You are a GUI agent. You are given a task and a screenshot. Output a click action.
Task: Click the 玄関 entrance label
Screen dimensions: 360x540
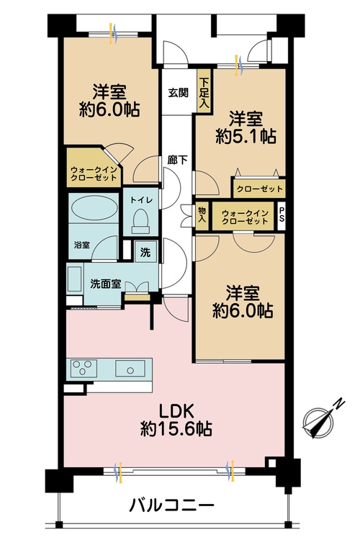pyautogui.click(x=178, y=93)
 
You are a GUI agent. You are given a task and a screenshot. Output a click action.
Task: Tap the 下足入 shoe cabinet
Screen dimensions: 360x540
pyautogui.click(x=204, y=90)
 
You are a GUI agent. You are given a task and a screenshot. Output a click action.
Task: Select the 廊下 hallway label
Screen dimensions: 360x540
pyautogui.click(x=178, y=160)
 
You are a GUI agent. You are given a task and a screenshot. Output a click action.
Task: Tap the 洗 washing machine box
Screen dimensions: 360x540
pyautogui.click(x=145, y=252)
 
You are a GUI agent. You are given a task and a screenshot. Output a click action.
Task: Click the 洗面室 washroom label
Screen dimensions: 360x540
pyautogui.click(x=105, y=284)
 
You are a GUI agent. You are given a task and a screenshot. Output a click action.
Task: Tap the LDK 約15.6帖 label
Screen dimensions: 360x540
pyautogui.click(x=176, y=420)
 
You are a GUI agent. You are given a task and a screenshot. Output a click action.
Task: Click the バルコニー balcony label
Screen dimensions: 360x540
pyautogui.click(x=171, y=505)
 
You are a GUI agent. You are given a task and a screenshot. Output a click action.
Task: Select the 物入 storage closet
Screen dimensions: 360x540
pyautogui.click(x=202, y=215)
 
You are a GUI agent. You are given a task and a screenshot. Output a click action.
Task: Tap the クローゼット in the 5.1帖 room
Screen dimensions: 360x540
pyautogui.click(x=259, y=189)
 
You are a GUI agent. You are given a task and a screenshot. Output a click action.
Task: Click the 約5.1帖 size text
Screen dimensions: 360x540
pyautogui.click(x=246, y=137)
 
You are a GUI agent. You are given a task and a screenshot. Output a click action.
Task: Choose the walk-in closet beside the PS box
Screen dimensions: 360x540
pyautogui.click(x=245, y=217)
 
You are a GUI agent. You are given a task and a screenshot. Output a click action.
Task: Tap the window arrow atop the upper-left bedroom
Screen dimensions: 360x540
pyautogui.click(x=114, y=33)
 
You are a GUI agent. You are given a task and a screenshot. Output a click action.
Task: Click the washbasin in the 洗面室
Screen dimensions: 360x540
pyautogui.click(x=75, y=279)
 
